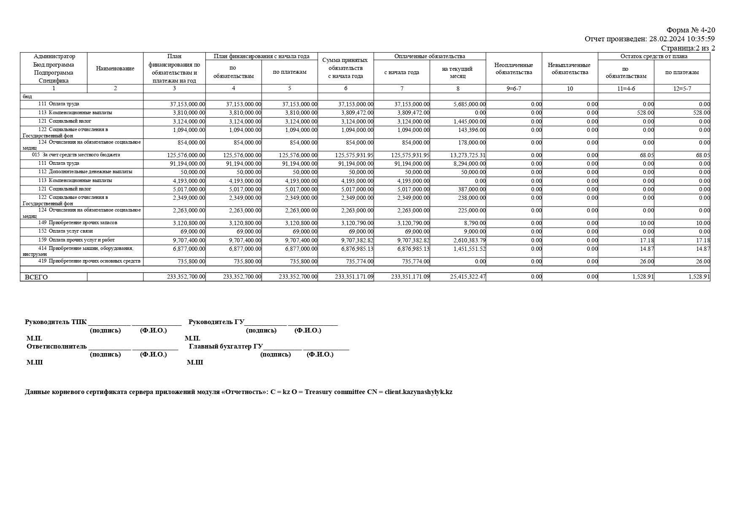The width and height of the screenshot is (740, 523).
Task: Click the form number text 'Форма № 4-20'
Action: click(690, 30)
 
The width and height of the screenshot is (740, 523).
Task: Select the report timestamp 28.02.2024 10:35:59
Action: click(682, 39)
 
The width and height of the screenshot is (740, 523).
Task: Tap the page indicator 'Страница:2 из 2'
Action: click(688, 48)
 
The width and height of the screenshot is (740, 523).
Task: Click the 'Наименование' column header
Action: click(115, 68)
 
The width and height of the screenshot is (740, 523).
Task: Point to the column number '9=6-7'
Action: click(513, 89)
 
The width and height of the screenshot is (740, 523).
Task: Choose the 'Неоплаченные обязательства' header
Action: click(513, 69)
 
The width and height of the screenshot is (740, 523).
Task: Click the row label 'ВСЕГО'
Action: click(36, 277)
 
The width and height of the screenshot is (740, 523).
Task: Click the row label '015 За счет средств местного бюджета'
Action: click(76, 155)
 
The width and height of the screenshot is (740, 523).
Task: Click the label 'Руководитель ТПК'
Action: click(56, 322)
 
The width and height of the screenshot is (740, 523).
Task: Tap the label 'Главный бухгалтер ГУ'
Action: click(226, 346)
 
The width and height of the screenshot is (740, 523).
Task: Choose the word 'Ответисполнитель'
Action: click(57, 346)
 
